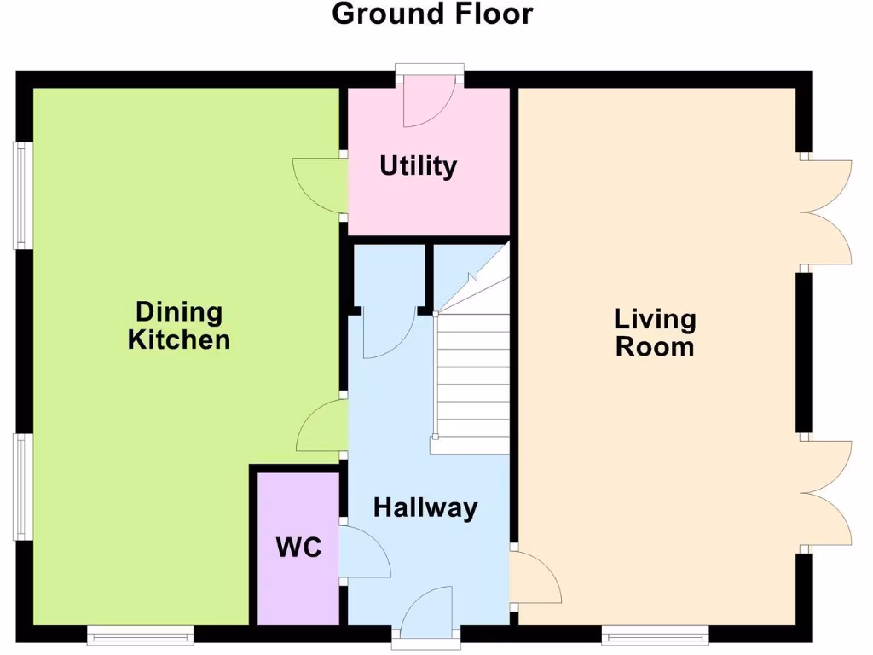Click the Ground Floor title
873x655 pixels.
click(432, 14)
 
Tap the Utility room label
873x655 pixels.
click(418, 165)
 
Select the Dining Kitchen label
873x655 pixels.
click(179, 326)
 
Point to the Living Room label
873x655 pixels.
click(655, 333)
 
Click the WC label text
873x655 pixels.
click(299, 548)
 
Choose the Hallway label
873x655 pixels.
click(425, 508)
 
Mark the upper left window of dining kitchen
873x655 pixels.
click(23, 195)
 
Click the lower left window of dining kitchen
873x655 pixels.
click(23, 486)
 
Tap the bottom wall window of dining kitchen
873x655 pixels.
click(141, 634)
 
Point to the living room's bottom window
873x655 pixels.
click(655, 634)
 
